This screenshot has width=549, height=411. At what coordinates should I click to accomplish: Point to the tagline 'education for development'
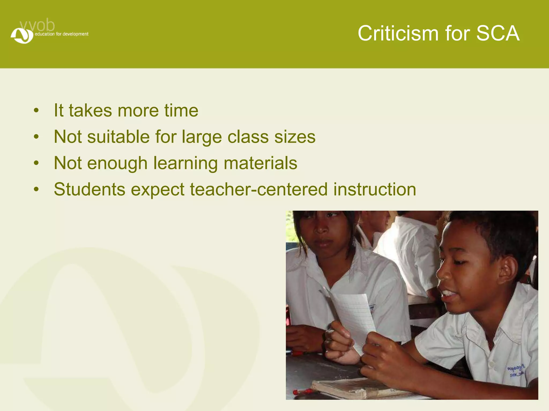(61, 34)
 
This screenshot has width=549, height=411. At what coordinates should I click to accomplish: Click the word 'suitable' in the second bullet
(118, 137)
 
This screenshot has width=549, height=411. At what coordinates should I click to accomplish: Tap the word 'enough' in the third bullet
(117, 163)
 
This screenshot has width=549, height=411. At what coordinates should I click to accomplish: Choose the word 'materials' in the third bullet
(260, 163)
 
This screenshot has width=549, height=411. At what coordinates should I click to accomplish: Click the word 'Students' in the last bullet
(90, 189)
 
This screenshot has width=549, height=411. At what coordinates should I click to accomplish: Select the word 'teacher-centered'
(259, 189)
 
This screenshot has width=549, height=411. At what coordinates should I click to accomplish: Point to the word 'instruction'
(374, 189)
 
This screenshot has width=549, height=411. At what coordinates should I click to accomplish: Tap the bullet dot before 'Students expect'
(36, 189)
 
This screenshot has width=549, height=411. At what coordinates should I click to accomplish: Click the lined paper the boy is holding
(354, 316)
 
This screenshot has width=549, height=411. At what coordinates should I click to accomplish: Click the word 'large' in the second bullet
(202, 137)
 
